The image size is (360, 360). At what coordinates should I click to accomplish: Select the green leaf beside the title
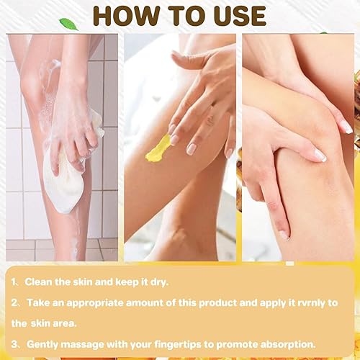[68, 24]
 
